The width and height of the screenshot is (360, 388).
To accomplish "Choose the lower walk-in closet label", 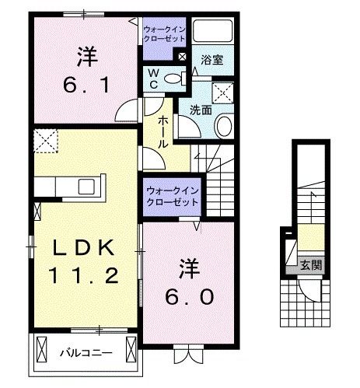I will point(170,195).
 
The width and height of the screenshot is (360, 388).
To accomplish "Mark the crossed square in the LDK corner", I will point(44,142).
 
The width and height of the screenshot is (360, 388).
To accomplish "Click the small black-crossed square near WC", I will point(182,56).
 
